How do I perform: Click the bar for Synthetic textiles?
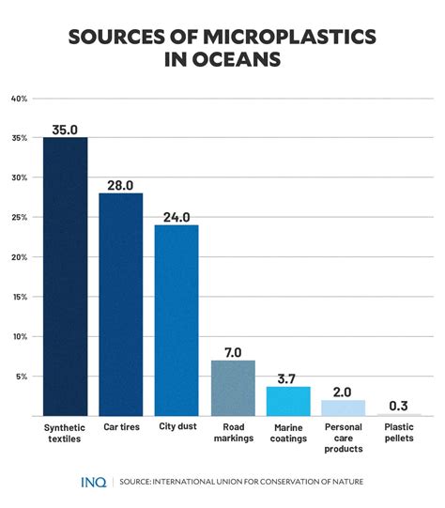coord(65,276)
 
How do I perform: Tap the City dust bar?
coord(176,319)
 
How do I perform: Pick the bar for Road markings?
coord(233,387)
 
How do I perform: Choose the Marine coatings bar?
coord(288,401)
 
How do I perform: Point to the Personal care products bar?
coord(344,408)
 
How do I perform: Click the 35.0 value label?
coord(65,128)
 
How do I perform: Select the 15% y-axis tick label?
coord(20,297)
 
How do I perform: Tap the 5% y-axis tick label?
coord(22,377)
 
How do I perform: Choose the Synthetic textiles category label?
coord(65,433)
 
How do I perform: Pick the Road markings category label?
coord(233,433)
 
